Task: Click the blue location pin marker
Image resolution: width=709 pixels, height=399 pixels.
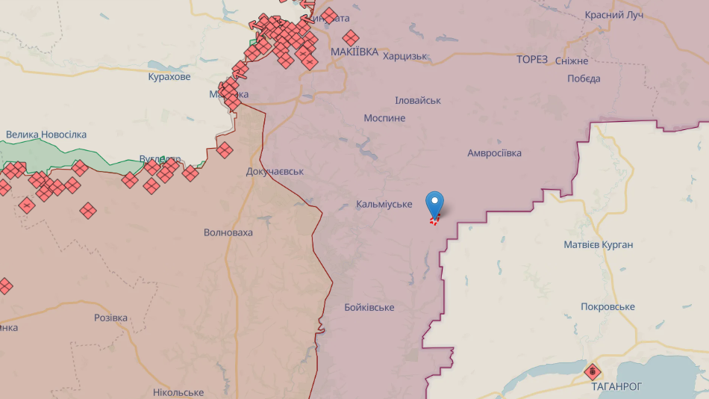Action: (x=434, y=203)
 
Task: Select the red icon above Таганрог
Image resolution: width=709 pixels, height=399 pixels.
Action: (x=592, y=369)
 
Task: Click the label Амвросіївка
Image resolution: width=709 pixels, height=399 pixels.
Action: (x=494, y=153)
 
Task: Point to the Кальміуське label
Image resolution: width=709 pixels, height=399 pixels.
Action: (x=384, y=204)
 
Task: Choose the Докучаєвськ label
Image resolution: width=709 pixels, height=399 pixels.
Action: (x=275, y=171)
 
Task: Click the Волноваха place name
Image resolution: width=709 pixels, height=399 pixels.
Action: (x=228, y=232)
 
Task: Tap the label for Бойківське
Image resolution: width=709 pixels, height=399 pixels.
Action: (x=369, y=307)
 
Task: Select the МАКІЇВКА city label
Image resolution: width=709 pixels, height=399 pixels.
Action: (x=354, y=52)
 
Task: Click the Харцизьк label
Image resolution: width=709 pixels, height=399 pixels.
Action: (x=405, y=56)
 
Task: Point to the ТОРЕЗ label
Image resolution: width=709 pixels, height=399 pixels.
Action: (x=532, y=59)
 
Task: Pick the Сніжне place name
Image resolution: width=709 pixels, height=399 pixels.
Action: (x=572, y=61)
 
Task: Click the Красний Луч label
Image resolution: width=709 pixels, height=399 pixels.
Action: (x=615, y=15)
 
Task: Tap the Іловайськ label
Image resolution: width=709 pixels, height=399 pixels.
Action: (x=418, y=100)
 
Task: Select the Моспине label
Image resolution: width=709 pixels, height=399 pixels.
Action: (x=384, y=118)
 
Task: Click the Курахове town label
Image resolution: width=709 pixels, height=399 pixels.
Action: (x=169, y=77)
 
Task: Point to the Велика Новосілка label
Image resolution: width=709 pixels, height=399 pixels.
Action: (x=46, y=134)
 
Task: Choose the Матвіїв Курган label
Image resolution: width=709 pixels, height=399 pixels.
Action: (x=599, y=244)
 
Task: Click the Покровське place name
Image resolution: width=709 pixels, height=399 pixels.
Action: (x=608, y=306)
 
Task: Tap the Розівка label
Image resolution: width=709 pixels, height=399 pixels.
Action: (x=111, y=318)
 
